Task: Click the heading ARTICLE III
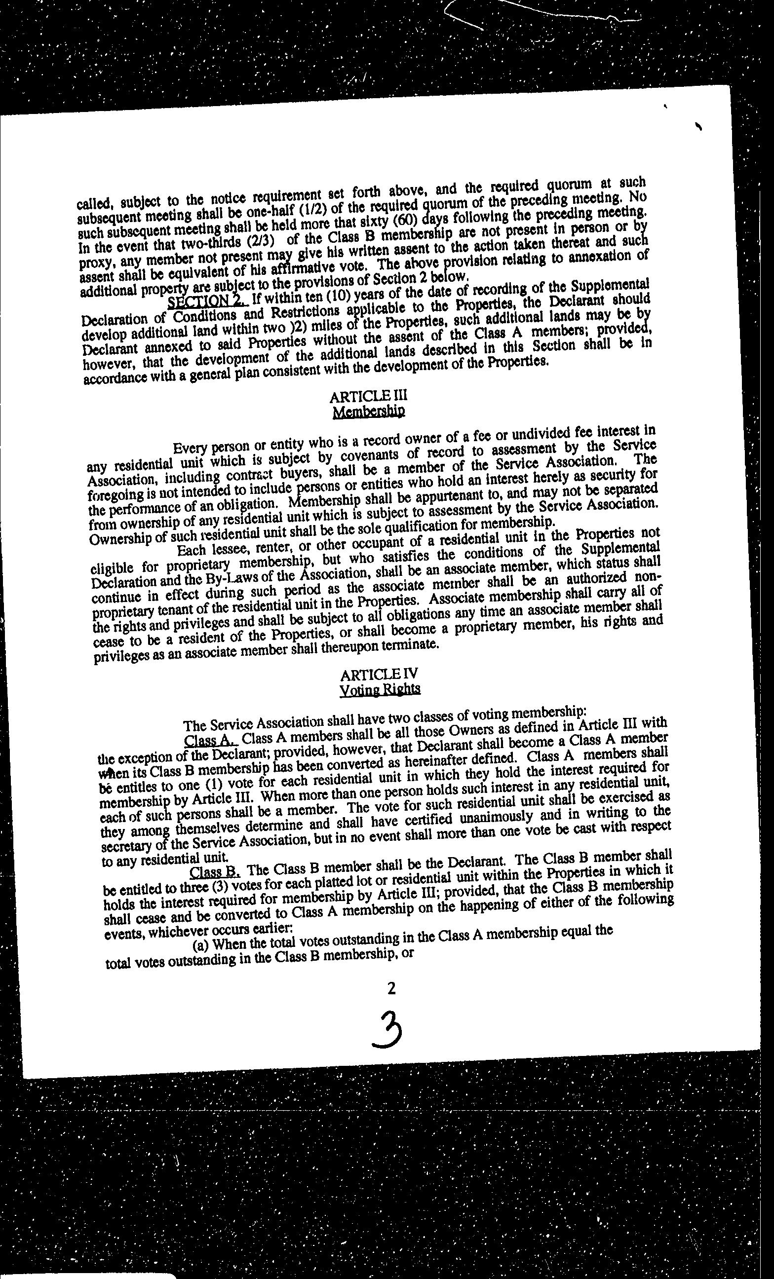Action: [x=368, y=396]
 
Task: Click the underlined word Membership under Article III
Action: [x=369, y=412]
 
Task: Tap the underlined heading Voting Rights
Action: [x=380, y=689]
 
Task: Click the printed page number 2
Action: [x=391, y=988]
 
